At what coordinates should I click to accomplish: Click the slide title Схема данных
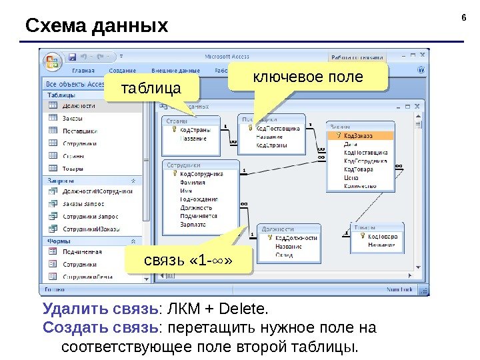click(97, 27)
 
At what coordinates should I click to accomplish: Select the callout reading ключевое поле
click(307, 77)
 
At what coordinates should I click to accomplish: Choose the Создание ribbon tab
click(123, 70)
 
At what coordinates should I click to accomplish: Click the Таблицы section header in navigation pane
click(61, 95)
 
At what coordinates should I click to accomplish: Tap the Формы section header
click(59, 241)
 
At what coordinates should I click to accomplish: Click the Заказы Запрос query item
click(84, 204)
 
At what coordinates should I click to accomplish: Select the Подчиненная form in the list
click(82, 252)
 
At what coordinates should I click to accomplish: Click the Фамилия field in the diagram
click(193, 181)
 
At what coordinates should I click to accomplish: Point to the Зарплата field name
click(193, 225)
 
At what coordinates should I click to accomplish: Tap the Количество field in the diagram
click(361, 186)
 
